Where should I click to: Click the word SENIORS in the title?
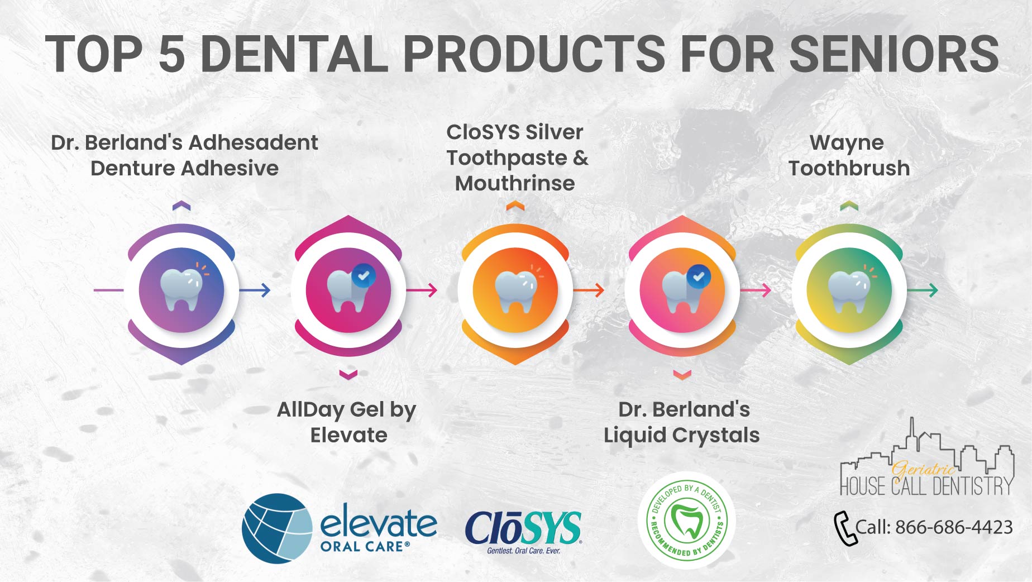pyautogui.click(x=894, y=54)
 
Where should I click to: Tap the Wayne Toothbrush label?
pyautogui.click(x=849, y=155)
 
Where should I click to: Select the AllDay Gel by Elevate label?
pyautogui.click(x=347, y=422)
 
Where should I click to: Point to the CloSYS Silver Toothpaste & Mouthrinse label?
pyautogui.click(x=517, y=158)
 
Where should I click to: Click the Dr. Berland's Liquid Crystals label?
pyautogui.click(x=682, y=422)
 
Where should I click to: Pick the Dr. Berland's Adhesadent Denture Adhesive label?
pyautogui.click(x=184, y=155)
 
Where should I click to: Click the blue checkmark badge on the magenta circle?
pyautogui.click(x=364, y=275)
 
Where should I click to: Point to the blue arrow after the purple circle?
pyautogui.click(x=255, y=290)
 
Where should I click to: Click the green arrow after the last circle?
pyautogui.click(x=923, y=290)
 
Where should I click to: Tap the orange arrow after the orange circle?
pyautogui.click(x=589, y=290)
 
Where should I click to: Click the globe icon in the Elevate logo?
pyautogui.click(x=278, y=528)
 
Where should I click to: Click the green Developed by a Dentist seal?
pyautogui.click(x=686, y=521)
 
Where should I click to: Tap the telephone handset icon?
pyautogui.click(x=845, y=528)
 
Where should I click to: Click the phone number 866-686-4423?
pyautogui.click(x=954, y=527)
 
